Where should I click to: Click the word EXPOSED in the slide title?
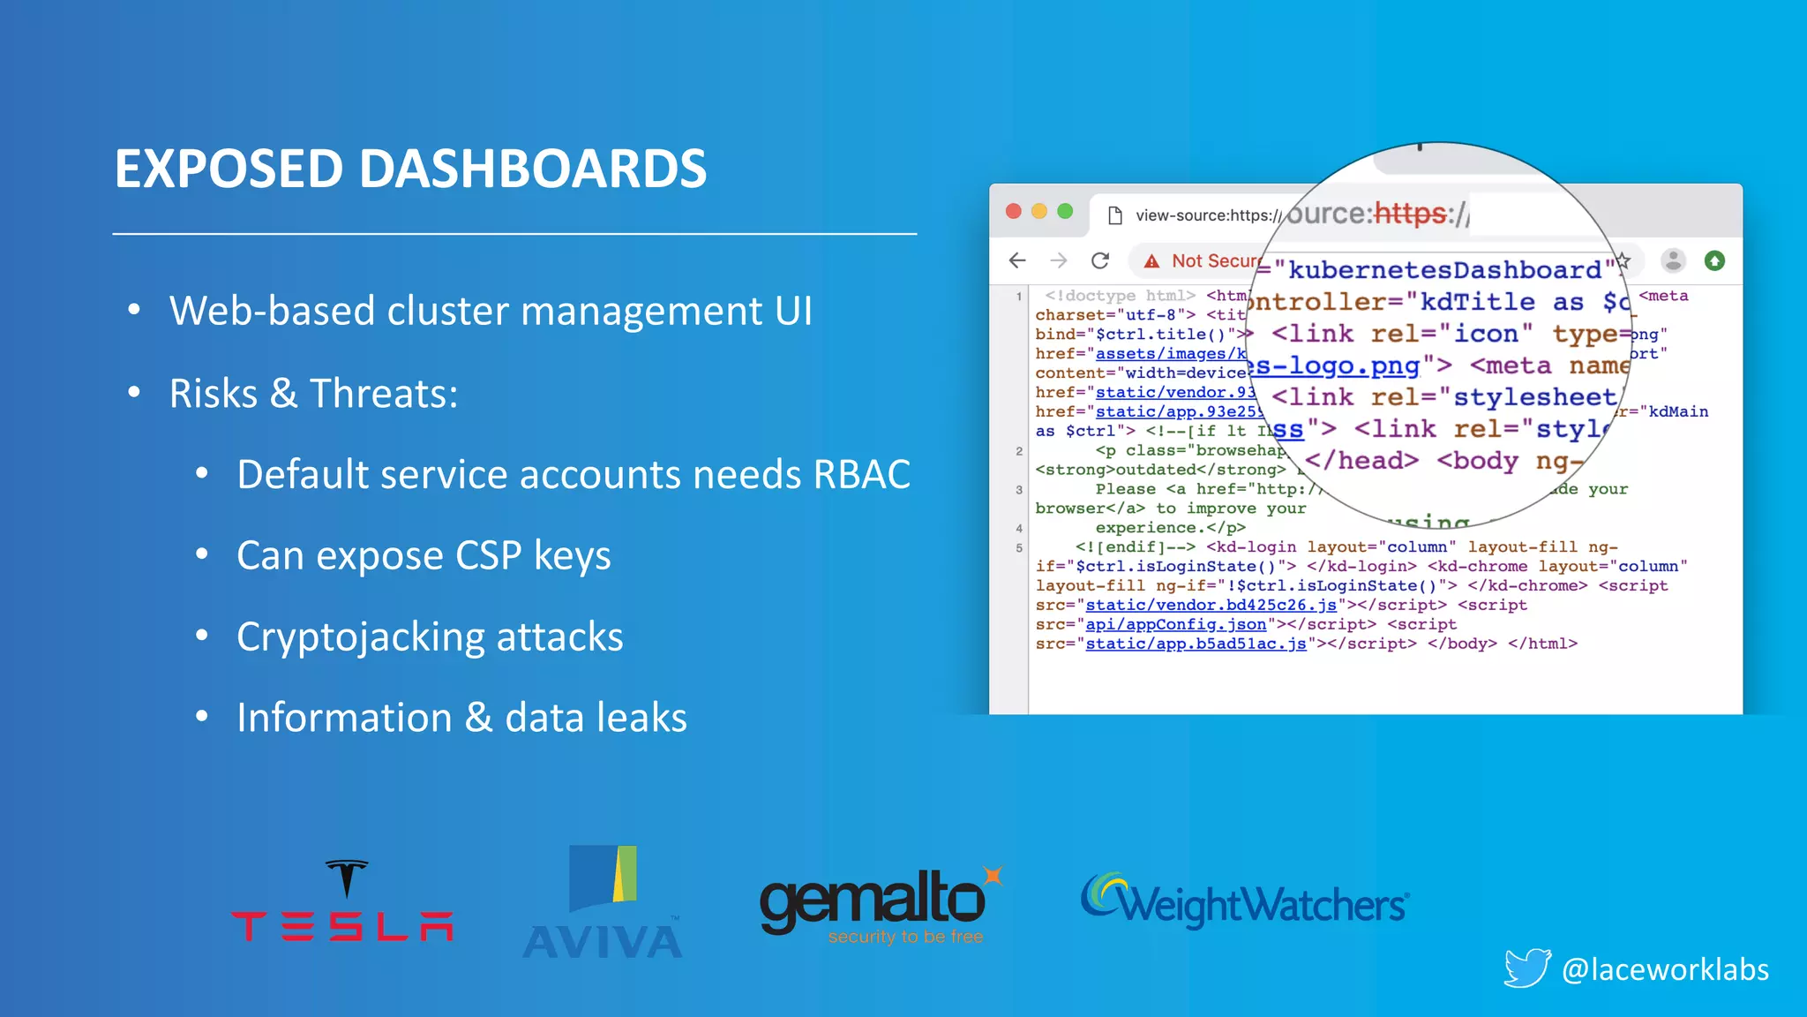click(x=228, y=169)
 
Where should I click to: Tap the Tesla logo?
click(x=342, y=901)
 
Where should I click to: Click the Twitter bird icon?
click(x=1526, y=968)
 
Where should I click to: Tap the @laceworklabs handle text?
click(x=1664, y=969)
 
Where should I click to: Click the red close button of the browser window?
click(x=1014, y=211)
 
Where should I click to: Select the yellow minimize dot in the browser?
click(x=1039, y=211)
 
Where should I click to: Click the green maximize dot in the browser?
click(x=1065, y=211)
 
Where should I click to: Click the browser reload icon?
click(x=1100, y=260)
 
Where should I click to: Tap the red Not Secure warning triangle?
click(x=1151, y=261)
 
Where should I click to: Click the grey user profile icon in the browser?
click(x=1673, y=260)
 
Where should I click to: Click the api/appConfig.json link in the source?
click(x=1175, y=624)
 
